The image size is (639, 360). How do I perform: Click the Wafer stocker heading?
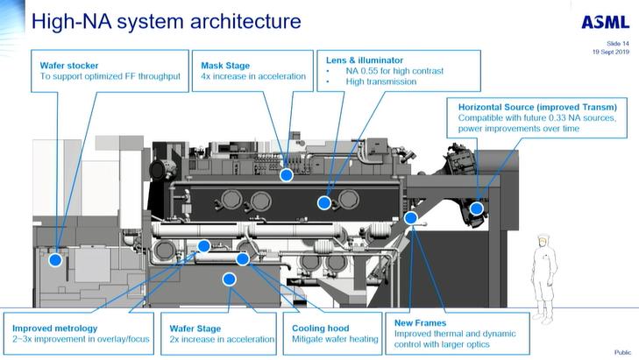click(x=75, y=65)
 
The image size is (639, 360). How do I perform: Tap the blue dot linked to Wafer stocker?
click(x=55, y=259)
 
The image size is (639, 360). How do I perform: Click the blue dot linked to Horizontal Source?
click(x=476, y=208)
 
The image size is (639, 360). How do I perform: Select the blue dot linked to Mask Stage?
click(x=286, y=175)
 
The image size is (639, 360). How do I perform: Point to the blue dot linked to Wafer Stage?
click(x=230, y=279)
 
